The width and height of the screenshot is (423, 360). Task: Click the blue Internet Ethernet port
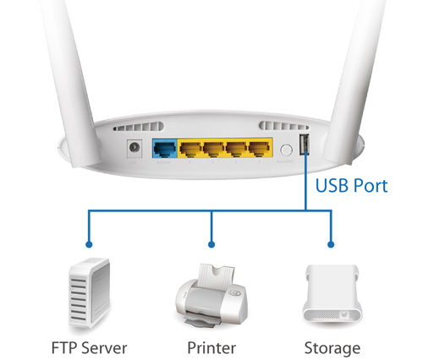point(165,149)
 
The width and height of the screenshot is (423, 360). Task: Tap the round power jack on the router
point(135,147)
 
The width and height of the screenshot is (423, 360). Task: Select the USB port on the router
point(305,144)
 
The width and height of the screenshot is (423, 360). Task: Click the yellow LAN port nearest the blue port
point(190,149)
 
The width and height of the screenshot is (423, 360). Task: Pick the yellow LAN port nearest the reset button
point(260,149)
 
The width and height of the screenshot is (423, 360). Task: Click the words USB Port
point(351,186)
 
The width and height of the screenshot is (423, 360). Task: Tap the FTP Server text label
point(89,347)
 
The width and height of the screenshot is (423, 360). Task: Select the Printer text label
point(211,347)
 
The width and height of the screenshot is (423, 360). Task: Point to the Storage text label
point(332,349)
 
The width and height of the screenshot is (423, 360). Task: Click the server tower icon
point(89,293)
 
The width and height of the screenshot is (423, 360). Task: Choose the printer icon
point(211,296)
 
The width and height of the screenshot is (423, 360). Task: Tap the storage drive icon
point(332,295)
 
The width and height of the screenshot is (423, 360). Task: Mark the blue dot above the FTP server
point(89,244)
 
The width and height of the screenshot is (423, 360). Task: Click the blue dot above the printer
point(211,244)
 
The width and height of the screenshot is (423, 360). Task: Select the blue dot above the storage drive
point(331,244)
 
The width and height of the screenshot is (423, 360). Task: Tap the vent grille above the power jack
point(138,127)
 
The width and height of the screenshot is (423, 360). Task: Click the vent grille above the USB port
point(283,126)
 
